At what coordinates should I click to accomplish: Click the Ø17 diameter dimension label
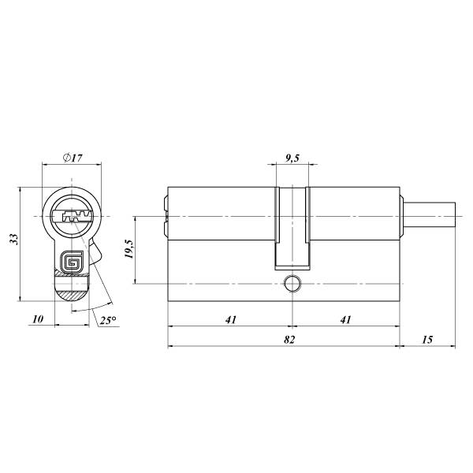point(73,158)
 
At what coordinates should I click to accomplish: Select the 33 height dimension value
point(14,239)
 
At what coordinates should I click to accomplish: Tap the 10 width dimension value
point(38,319)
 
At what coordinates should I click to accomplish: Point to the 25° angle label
point(108,320)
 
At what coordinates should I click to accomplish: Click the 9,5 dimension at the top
point(292,158)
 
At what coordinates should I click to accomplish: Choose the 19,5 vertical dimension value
point(128,249)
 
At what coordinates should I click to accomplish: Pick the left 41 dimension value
point(231,319)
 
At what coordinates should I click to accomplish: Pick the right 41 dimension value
point(346,319)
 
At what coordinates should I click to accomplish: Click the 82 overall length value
point(289,340)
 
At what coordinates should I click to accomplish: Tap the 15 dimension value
point(427,340)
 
